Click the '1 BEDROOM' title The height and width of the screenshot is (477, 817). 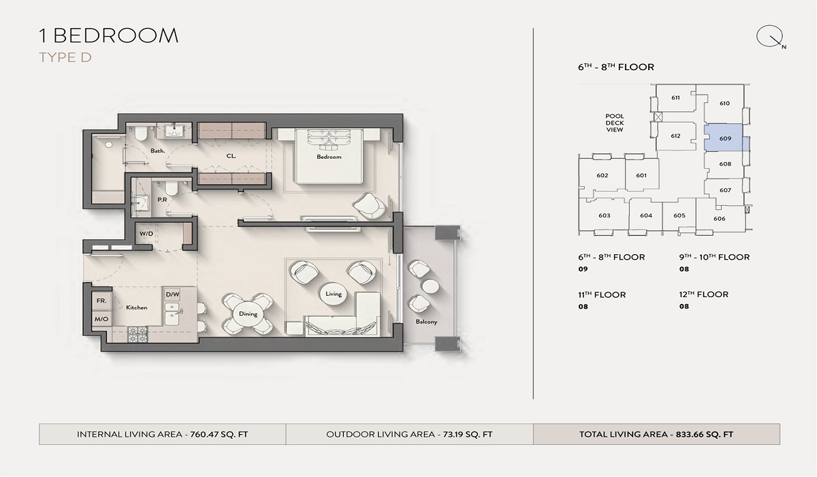pyautogui.click(x=109, y=35)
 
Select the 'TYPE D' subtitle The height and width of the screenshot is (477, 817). pyautogui.click(x=65, y=57)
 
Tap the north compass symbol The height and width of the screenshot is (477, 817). pyautogui.click(x=771, y=37)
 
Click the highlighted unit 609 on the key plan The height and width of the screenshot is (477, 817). pyautogui.click(x=725, y=138)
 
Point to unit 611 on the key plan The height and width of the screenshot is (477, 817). pyautogui.click(x=675, y=97)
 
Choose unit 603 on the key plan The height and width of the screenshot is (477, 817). pyautogui.click(x=604, y=215)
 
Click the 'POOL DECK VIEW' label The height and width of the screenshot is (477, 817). pyautogui.click(x=615, y=123)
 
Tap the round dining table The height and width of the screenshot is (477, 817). pyautogui.click(x=248, y=314)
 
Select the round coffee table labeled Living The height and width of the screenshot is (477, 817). pyautogui.click(x=334, y=294)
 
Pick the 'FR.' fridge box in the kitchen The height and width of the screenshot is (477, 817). pyautogui.click(x=100, y=300)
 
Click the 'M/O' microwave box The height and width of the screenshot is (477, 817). pyautogui.click(x=100, y=319)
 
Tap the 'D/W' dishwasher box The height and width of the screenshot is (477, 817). pyautogui.click(x=172, y=294)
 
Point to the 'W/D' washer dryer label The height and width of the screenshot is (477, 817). pyautogui.click(x=146, y=234)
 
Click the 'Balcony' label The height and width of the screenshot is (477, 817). pyautogui.click(x=426, y=322)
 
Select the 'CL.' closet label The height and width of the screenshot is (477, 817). pyautogui.click(x=231, y=155)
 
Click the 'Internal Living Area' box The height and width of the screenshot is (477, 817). pyautogui.click(x=162, y=434)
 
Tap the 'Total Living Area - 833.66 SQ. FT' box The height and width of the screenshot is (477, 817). pyautogui.click(x=656, y=434)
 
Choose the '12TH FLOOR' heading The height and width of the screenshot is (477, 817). pyautogui.click(x=703, y=294)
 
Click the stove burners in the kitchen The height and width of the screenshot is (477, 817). pyautogui.click(x=138, y=334)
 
